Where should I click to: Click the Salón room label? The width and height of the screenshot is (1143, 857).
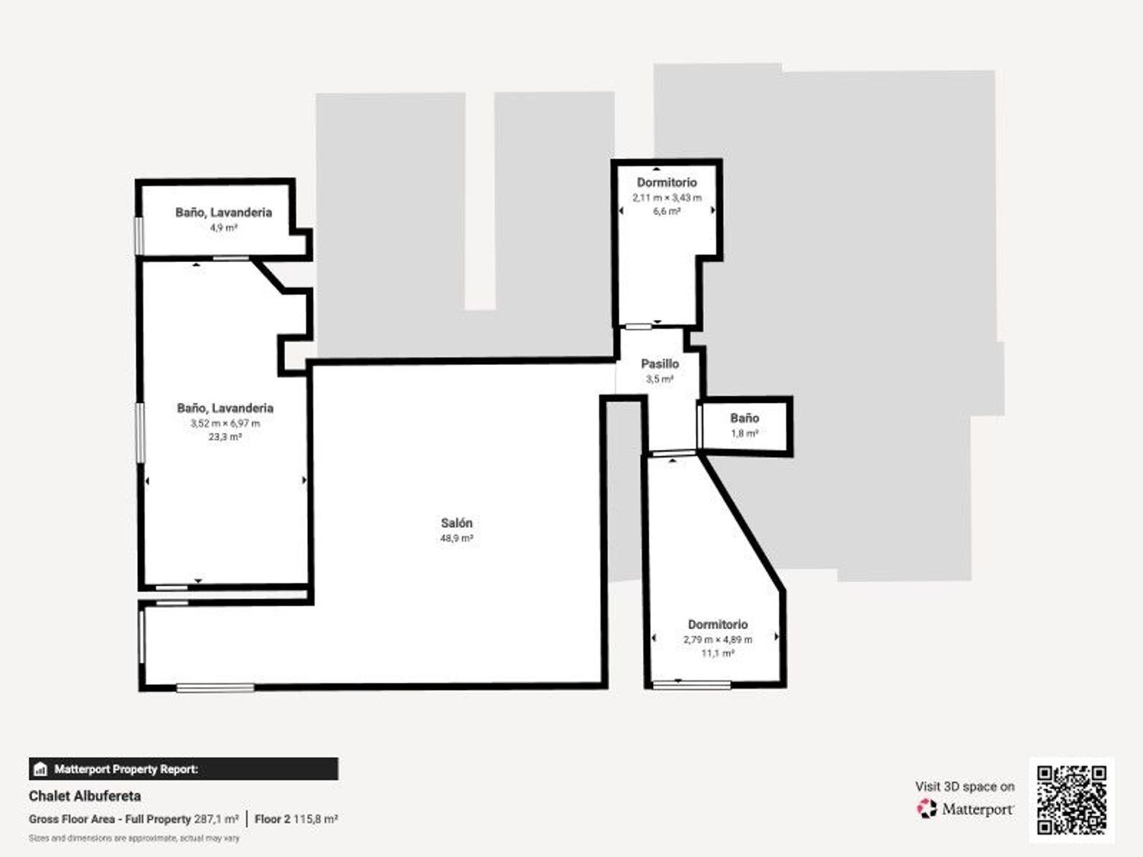tap(456, 523)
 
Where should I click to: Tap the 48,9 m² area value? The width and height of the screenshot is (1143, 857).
tap(456, 538)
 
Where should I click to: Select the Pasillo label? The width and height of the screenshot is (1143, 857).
tap(660, 363)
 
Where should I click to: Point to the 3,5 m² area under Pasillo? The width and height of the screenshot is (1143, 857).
tap(660, 379)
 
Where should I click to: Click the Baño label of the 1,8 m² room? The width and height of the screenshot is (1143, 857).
tap(744, 417)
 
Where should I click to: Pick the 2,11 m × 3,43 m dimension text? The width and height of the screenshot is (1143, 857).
tap(667, 198)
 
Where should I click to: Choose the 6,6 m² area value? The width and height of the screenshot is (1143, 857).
tap(667, 211)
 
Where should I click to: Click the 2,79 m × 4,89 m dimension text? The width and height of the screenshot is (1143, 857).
tap(718, 639)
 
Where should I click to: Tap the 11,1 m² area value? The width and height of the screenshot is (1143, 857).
tap(718, 653)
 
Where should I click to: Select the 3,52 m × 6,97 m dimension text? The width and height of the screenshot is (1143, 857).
tap(225, 423)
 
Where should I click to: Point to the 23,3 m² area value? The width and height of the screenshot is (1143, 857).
tap(225, 436)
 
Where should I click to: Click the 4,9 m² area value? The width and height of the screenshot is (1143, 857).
tap(224, 227)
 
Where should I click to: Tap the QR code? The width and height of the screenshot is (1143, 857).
tap(1071, 800)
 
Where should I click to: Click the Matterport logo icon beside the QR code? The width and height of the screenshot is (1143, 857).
tap(927, 808)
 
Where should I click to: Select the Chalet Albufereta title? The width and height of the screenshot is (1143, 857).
tap(85, 795)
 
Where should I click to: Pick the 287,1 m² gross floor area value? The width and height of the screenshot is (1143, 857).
tap(216, 819)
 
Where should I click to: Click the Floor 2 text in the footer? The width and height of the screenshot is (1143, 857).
tap(272, 819)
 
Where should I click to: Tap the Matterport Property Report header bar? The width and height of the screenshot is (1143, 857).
tap(184, 769)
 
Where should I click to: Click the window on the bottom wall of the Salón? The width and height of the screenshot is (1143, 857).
tap(215, 688)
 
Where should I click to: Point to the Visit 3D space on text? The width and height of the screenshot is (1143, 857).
tap(965, 787)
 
